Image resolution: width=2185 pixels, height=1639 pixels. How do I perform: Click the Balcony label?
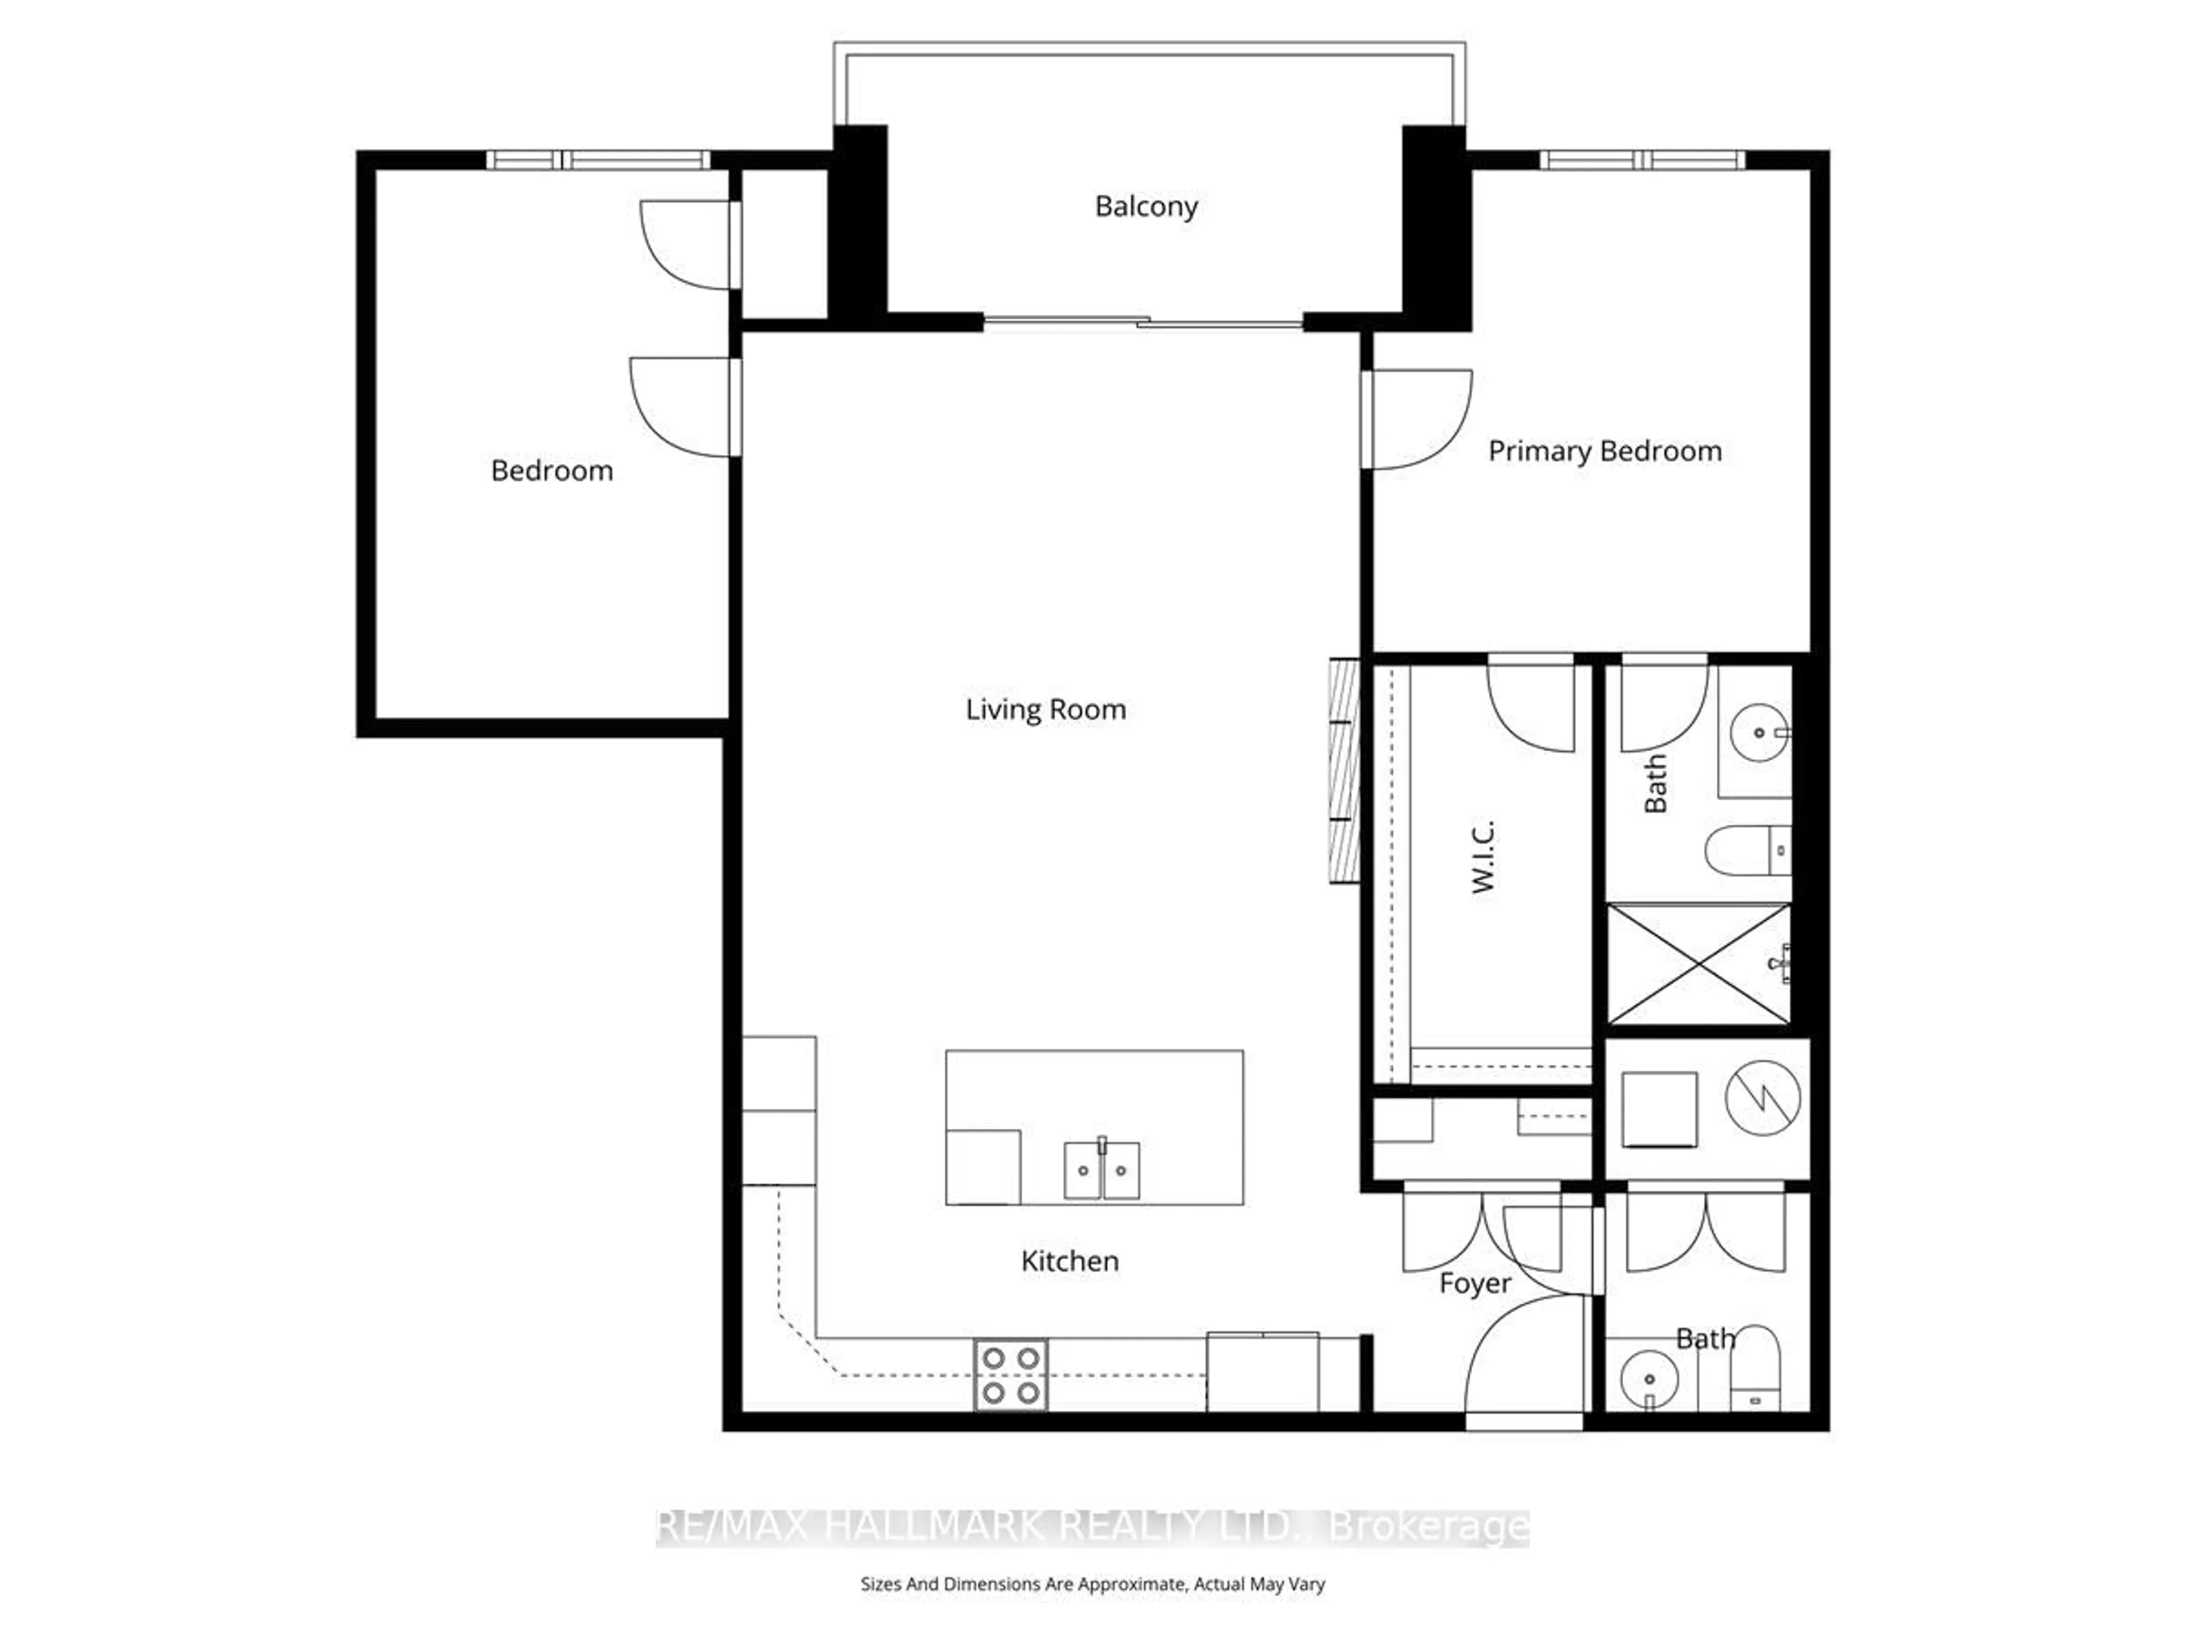coord(1146,207)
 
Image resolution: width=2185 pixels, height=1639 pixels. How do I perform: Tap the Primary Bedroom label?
coord(1604,451)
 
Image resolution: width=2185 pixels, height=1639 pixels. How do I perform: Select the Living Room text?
coord(1045,709)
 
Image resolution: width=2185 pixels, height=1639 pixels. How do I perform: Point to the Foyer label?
coord(1474,1283)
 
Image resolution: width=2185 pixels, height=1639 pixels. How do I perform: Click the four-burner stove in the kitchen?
coord(1011,1375)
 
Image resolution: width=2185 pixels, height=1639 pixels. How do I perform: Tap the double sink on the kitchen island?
coord(1102,1171)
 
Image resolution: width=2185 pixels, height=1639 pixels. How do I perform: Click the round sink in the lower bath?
coord(1648,1379)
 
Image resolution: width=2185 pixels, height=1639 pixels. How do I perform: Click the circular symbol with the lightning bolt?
coord(1762,1098)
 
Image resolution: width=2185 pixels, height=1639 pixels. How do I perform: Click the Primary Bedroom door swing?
coord(1417,419)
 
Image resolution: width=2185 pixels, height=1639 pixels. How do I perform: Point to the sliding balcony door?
coord(1143,322)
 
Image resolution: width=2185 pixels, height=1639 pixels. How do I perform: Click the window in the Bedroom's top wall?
coord(597,160)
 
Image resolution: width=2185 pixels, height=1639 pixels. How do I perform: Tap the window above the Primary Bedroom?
coord(1642,160)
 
